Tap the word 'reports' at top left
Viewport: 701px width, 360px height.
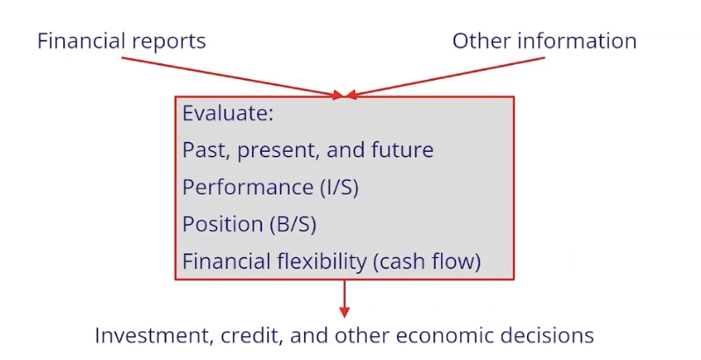click(170, 41)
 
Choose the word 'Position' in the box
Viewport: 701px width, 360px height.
click(220, 224)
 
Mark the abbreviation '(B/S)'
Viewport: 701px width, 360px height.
click(292, 224)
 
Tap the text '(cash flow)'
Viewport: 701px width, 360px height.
click(426, 262)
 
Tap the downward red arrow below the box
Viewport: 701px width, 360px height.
click(344, 299)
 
